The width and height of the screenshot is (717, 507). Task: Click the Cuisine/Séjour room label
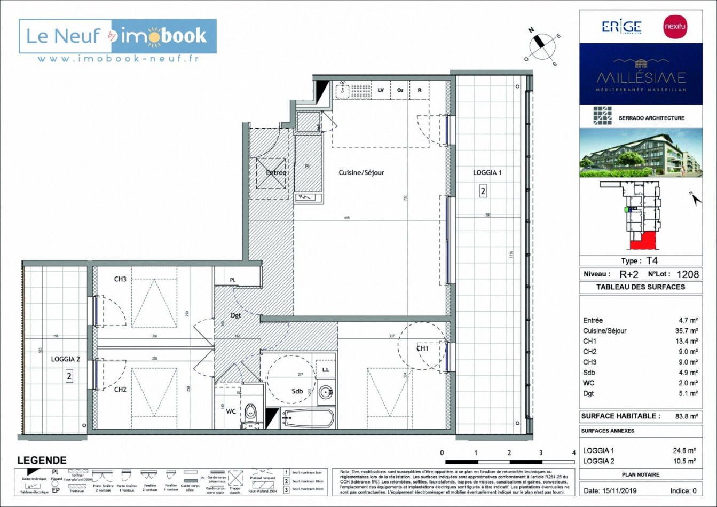[x=361, y=172]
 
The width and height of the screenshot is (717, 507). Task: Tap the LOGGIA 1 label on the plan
[x=487, y=172]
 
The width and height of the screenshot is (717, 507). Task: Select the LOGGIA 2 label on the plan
[x=65, y=359]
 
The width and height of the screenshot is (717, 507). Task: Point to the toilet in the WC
[x=250, y=412]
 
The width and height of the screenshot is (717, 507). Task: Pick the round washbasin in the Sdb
[x=326, y=393]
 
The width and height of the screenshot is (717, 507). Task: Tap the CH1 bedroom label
[x=422, y=348]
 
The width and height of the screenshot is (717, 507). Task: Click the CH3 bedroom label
[x=120, y=279]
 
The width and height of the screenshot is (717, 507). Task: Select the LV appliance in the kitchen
[x=381, y=90]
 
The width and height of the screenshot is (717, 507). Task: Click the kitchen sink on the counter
[x=341, y=90]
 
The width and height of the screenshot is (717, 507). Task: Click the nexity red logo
[x=674, y=27]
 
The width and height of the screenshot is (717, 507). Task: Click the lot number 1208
[x=687, y=274]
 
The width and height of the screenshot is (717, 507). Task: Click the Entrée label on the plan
[x=276, y=172]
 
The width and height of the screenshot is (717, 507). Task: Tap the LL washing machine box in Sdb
[x=326, y=369]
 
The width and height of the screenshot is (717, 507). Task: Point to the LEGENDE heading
[x=42, y=460]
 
